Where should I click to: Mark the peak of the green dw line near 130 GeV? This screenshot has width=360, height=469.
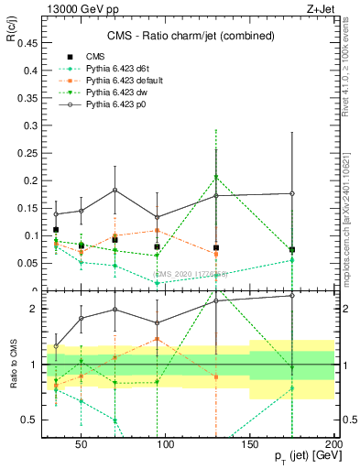point(216,177)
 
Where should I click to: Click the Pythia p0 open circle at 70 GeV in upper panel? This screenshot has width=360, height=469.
point(115,191)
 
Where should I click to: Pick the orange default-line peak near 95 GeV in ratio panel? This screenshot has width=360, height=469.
point(158,339)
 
